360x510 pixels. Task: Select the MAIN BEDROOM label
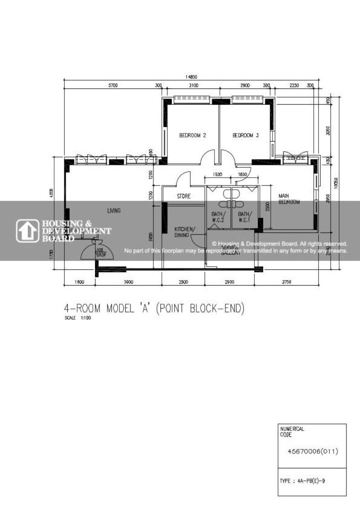[288, 199]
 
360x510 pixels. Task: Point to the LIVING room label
[114, 210]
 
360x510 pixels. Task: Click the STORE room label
[184, 196]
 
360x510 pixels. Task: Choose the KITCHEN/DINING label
[184, 232]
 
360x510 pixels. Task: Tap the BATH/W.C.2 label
[218, 217]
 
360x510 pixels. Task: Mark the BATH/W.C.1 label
[244, 217]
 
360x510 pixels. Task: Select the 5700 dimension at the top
[112, 86]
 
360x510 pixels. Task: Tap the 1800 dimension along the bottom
[79, 282]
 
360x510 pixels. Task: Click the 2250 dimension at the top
[294, 86]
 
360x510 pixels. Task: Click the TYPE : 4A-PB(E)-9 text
[302, 481]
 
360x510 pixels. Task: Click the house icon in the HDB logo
[28, 231]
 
